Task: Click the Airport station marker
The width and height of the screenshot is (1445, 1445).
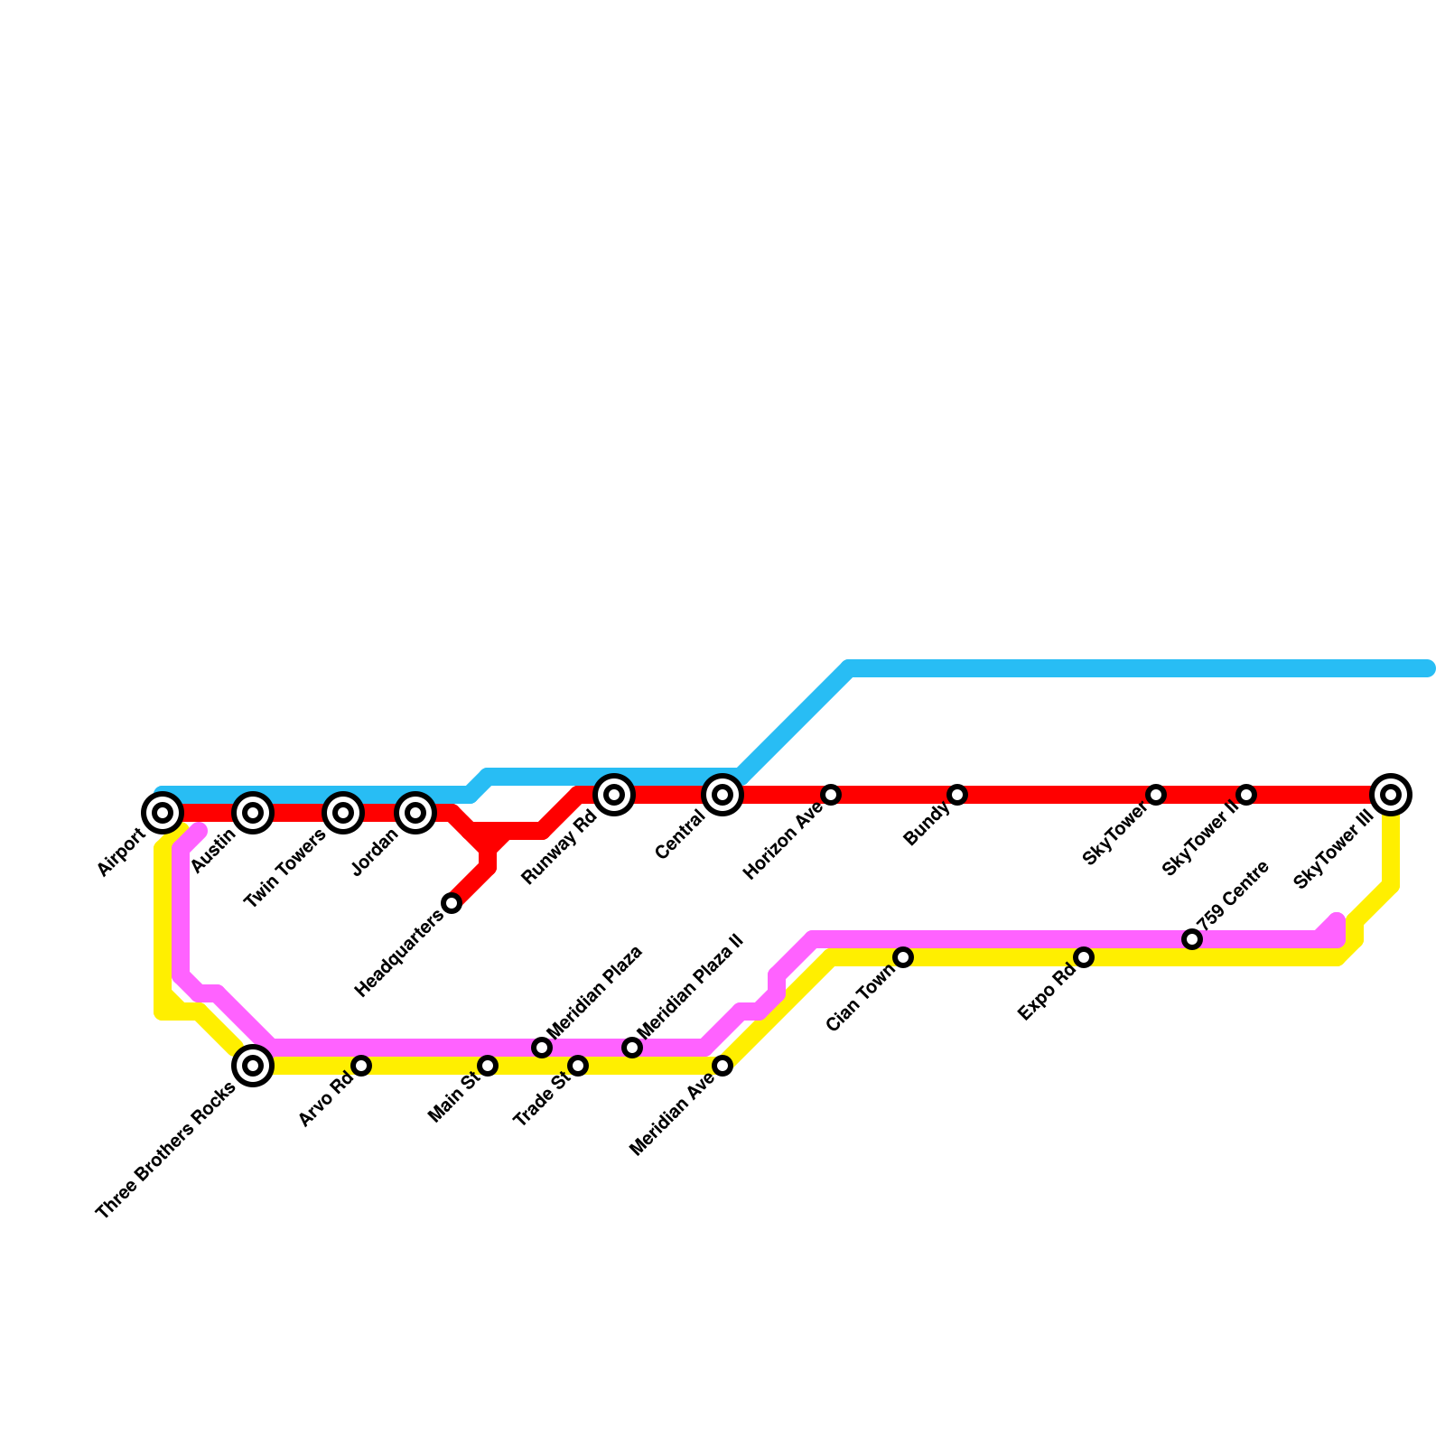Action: (x=163, y=813)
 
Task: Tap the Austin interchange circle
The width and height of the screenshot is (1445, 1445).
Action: (x=253, y=813)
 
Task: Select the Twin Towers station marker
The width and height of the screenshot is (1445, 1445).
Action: (x=343, y=813)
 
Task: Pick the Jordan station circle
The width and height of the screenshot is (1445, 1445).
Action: (x=415, y=813)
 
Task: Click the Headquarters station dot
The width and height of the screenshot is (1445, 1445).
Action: (x=452, y=903)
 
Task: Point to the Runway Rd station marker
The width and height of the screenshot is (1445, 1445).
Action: (x=614, y=795)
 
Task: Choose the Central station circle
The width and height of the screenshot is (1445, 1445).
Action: (x=722, y=795)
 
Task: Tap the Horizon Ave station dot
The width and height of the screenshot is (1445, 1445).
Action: (x=831, y=795)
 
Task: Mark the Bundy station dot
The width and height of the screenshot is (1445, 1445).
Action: (x=957, y=795)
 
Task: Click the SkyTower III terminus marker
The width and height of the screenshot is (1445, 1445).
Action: (x=1391, y=795)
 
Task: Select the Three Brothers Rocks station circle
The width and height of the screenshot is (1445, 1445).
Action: (x=253, y=1066)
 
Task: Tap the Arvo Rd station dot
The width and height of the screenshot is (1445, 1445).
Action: (x=361, y=1066)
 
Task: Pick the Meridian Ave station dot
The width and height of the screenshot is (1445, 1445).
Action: (x=722, y=1066)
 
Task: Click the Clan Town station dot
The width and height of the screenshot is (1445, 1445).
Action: (x=903, y=957)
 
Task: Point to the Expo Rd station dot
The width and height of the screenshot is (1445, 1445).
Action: (x=1084, y=957)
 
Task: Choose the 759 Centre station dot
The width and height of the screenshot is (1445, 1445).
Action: (x=1192, y=939)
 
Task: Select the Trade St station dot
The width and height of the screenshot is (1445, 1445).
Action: (x=578, y=1066)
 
